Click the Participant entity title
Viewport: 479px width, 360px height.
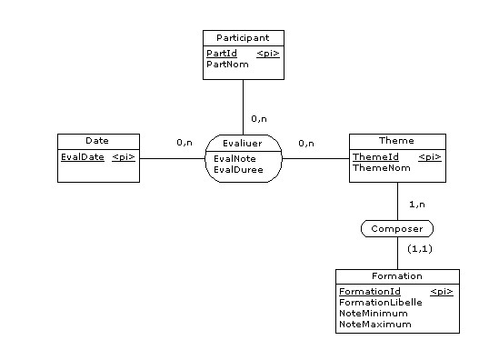243,37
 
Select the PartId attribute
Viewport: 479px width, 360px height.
222,54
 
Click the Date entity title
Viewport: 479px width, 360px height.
97,141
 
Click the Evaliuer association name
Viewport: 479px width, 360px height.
244,142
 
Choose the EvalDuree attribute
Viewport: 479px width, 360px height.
237,168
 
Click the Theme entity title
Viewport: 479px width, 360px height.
396,141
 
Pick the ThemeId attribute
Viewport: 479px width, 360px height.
375,157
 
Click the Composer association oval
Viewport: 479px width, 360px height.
396,229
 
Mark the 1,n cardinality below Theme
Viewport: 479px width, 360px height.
418,205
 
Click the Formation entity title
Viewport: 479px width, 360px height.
396,275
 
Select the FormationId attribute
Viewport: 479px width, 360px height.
369,291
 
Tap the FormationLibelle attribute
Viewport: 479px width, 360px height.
380,302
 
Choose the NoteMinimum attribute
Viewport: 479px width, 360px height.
373,313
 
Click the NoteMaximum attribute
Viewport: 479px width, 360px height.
374,324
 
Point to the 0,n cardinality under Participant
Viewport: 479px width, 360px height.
259,119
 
